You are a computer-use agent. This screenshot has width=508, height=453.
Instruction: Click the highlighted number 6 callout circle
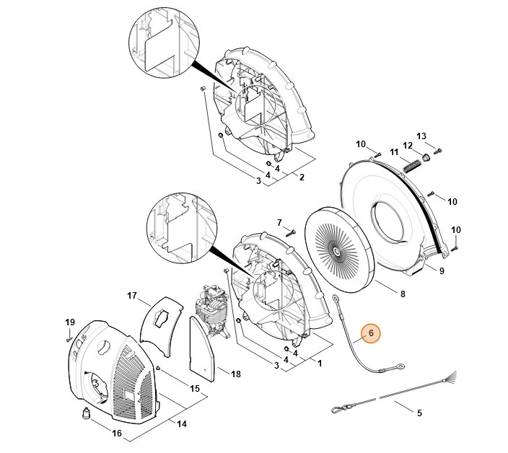tap(370, 333)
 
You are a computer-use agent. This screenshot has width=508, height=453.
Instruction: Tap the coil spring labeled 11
tap(411, 164)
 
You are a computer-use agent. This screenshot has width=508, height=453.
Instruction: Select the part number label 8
tap(402, 294)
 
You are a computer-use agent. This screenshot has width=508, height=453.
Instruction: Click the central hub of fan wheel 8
tap(336, 250)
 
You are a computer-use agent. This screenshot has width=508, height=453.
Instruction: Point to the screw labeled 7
tap(290, 232)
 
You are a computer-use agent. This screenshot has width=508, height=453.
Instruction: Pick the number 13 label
tap(422, 136)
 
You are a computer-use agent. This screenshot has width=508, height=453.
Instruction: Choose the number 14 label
tap(182, 424)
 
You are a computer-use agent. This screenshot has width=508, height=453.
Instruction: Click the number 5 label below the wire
tap(419, 413)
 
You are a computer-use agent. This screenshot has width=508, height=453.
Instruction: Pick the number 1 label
tap(319, 364)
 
